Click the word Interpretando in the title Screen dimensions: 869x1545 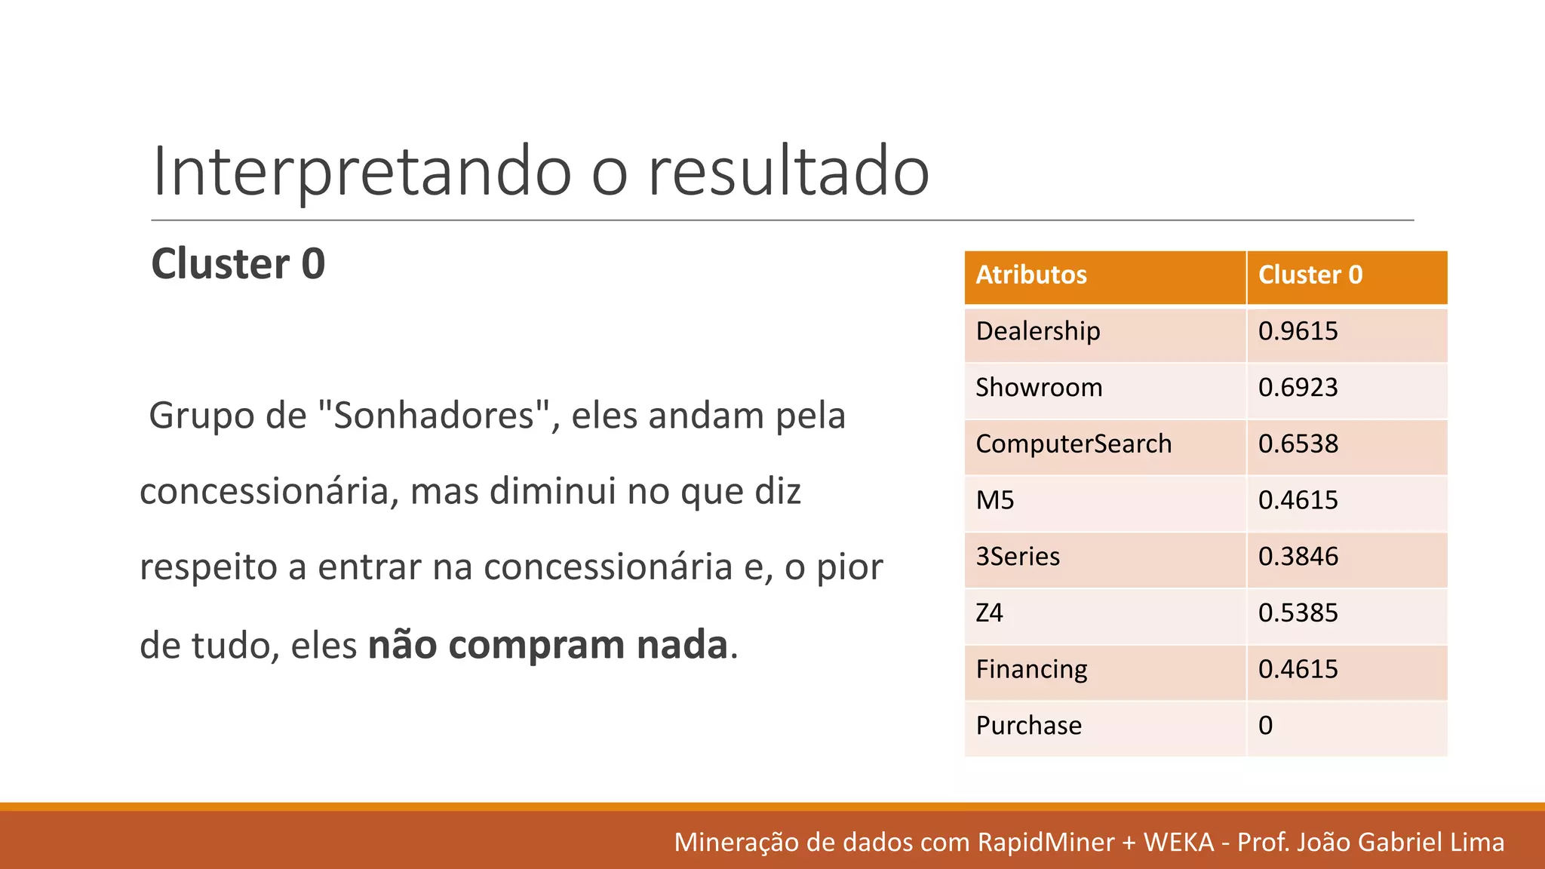[362, 172]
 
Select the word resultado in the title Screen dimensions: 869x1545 [788, 172]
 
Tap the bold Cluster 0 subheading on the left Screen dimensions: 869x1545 [238, 264]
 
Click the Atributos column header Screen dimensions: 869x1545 [1031, 275]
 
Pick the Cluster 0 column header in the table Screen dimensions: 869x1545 [1310, 275]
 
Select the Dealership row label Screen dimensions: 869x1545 [1037, 331]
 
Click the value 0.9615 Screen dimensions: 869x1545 [1298, 331]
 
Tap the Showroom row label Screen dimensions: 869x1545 [1039, 388]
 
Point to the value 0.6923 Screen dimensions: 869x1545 [1298, 388]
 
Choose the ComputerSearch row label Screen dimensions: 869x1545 [1074, 444]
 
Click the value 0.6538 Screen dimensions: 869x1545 [1298, 444]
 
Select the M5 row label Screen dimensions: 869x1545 [994, 500]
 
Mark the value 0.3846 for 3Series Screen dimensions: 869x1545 [1298, 557]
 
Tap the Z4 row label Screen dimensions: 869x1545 [989, 613]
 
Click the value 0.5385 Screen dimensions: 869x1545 [1298, 613]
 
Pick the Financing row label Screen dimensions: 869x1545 [1031, 669]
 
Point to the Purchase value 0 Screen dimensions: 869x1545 [1265, 726]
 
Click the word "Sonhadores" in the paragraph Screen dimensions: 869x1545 [433, 416]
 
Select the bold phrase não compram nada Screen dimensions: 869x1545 [548, 645]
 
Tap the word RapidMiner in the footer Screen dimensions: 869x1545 [1046, 842]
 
